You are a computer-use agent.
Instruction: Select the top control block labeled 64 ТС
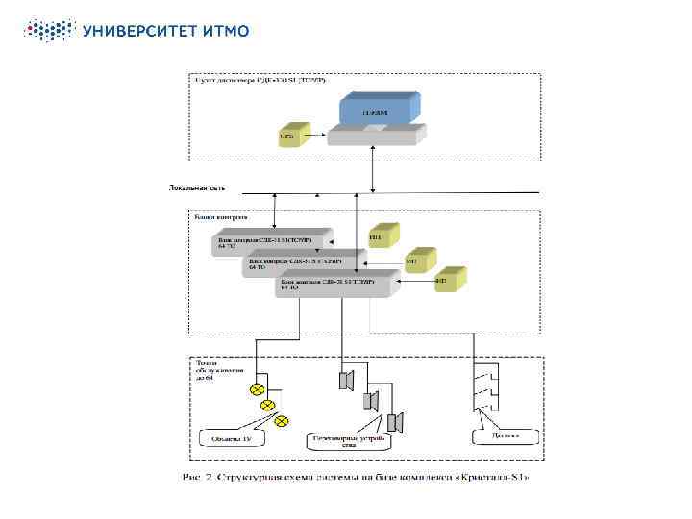[x=270, y=239]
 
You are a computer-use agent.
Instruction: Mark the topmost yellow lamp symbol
[x=257, y=389]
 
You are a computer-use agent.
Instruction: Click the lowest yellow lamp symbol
[x=282, y=421]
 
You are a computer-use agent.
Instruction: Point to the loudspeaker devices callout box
[x=348, y=441]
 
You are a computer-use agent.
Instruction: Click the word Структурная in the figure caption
[x=249, y=477]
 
